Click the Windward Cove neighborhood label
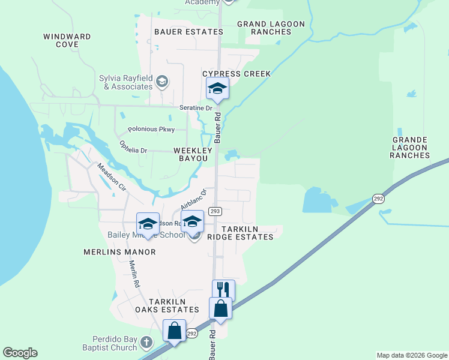pyautogui.click(x=67, y=40)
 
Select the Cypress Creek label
pyautogui.click(x=237, y=74)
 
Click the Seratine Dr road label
pyautogui.click(x=196, y=107)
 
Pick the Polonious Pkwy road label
pyautogui.click(x=151, y=129)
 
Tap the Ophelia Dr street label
pyautogui.click(x=133, y=147)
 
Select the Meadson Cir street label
pyautogui.click(x=112, y=178)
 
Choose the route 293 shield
pyautogui.click(x=215, y=211)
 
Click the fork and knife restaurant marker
pyautogui.click(x=223, y=289)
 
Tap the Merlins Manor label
pyautogui.click(x=120, y=252)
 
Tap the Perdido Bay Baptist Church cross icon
pyautogui.click(x=146, y=343)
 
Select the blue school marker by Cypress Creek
pyautogui.click(x=217, y=89)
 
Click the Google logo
pyautogui.click(x=20, y=353)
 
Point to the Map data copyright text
pyautogui.click(x=412, y=355)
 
